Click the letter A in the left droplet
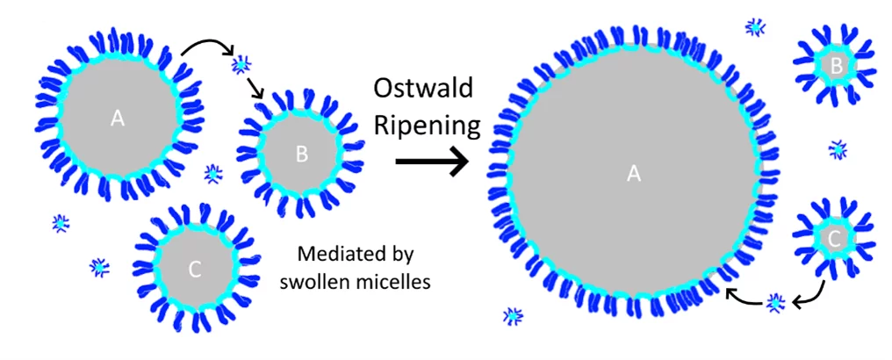(x=118, y=119)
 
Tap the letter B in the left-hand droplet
(x=301, y=155)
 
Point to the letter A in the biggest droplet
(x=634, y=175)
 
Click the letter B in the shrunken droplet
(x=837, y=64)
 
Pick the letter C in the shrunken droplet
(x=835, y=236)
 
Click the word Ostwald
(x=423, y=89)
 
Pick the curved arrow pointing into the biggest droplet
(x=743, y=299)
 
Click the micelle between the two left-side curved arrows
(x=241, y=64)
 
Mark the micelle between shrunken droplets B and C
(x=838, y=149)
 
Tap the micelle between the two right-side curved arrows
(x=775, y=303)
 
